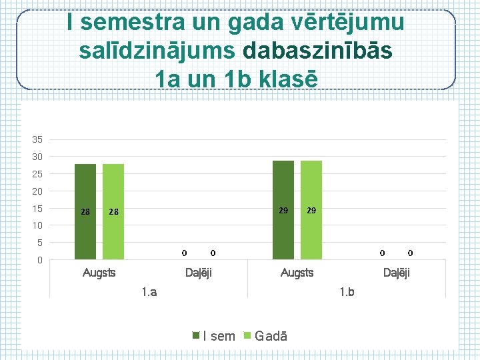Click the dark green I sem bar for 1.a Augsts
pyautogui.click(x=85, y=211)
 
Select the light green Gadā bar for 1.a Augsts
pyautogui.click(x=113, y=211)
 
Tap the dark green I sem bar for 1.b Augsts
pyautogui.click(x=283, y=209)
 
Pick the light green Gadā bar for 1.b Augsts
pyautogui.click(x=311, y=209)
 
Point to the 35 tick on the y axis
pyautogui.click(x=37, y=139)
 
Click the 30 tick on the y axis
pyautogui.click(x=37, y=157)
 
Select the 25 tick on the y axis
pyautogui.click(x=37, y=174)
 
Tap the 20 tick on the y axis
pyautogui.click(x=37, y=191)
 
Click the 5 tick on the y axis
pyautogui.click(x=39, y=243)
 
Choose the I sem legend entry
pyautogui.click(x=215, y=336)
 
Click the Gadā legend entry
pyautogui.click(x=267, y=336)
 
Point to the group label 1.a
pyautogui.click(x=149, y=291)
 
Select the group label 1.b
pyautogui.click(x=347, y=291)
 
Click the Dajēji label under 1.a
pyautogui.click(x=198, y=273)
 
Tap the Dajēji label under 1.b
pyautogui.click(x=397, y=273)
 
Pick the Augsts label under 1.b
pyautogui.click(x=297, y=273)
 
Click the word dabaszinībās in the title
pyautogui.click(x=318, y=51)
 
